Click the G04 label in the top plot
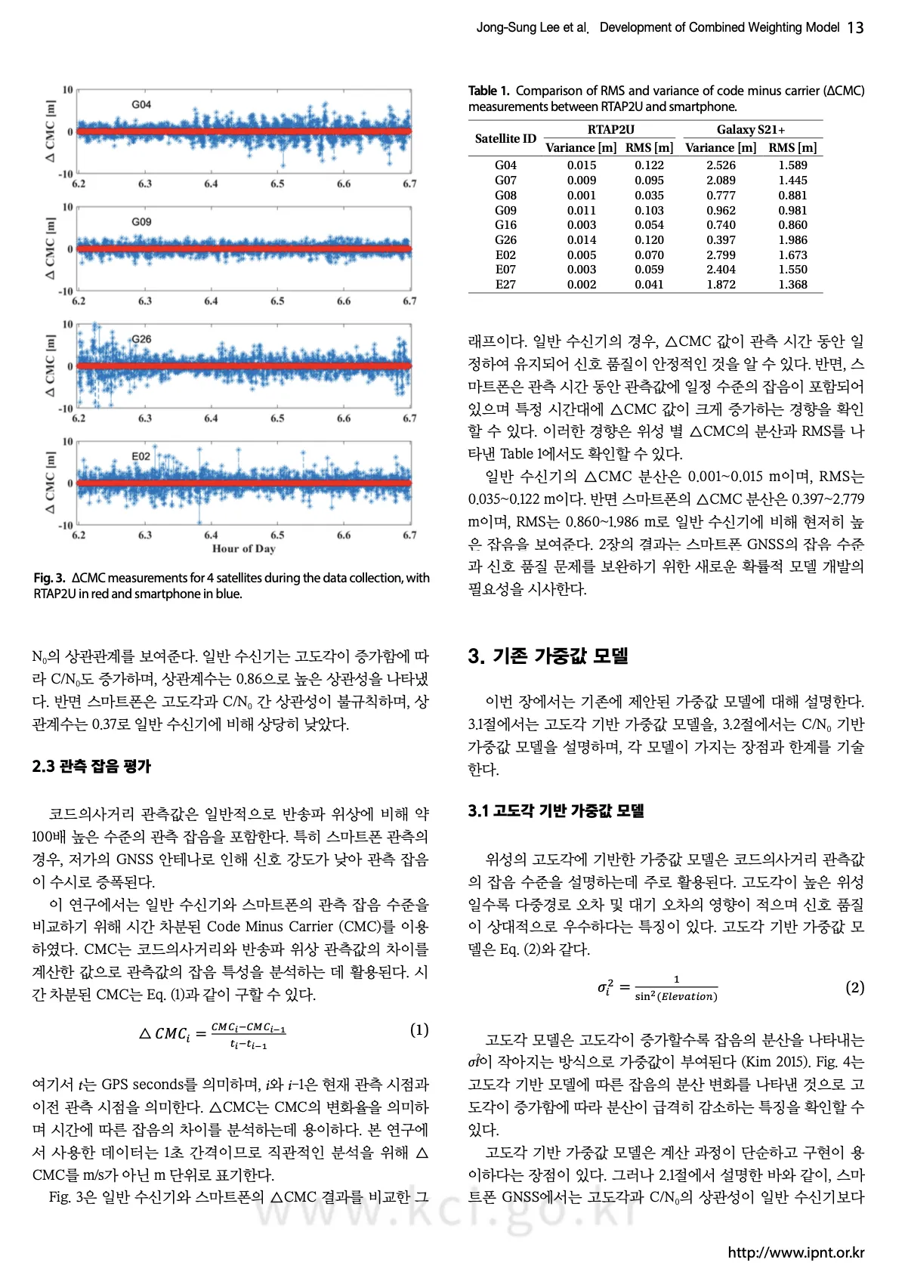pos(141,104)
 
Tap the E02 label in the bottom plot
pos(141,456)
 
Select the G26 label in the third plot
pos(141,339)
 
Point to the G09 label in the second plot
pos(141,222)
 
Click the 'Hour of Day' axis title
pos(243,549)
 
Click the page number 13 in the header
pos(855,28)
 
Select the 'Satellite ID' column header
pos(505,139)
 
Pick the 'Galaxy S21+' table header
pos(750,130)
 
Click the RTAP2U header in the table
pos(610,130)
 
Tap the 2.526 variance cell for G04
pos(721,165)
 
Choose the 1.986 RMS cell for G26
pos(792,240)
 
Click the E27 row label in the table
pos(505,285)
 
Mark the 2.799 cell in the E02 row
pos(721,255)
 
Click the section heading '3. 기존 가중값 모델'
pos(548,656)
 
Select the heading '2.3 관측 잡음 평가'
pos(91,767)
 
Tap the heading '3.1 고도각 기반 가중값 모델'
pos(555,811)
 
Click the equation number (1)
pos(419,1030)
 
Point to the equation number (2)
pos(854,987)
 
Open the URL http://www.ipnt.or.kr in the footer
pos(795,1252)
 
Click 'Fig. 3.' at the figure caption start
pos(49,578)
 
